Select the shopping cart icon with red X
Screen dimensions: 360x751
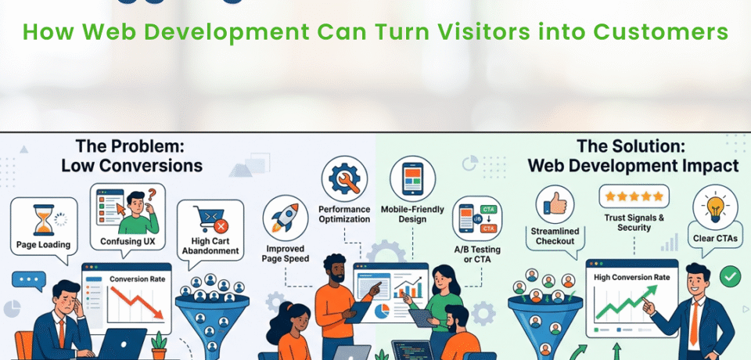tap(209, 220)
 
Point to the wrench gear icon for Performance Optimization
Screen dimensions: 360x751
tap(344, 178)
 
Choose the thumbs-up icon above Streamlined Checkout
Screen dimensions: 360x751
tap(555, 205)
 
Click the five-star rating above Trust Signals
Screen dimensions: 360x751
tap(634, 196)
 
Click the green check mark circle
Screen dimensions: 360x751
tap(731, 275)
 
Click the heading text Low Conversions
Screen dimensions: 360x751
tap(131, 165)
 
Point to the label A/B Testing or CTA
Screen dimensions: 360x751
tap(479, 254)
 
